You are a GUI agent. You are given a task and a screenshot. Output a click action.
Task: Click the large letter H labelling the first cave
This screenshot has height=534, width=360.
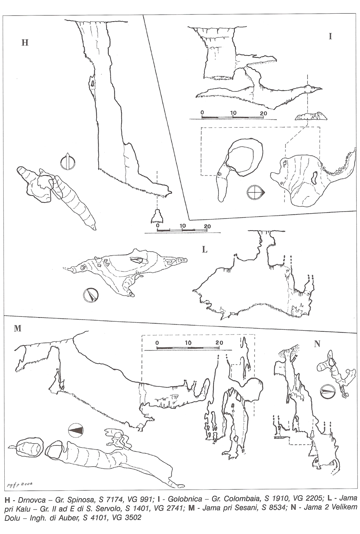point(25,43)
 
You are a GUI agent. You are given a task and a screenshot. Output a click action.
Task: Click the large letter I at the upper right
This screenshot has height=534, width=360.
point(330,36)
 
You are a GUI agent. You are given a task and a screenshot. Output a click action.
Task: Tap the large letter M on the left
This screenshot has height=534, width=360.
point(18,329)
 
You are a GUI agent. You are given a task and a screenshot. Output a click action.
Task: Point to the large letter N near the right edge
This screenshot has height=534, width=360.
point(317,344)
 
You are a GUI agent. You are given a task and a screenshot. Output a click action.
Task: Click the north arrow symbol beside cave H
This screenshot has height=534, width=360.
point(68,161)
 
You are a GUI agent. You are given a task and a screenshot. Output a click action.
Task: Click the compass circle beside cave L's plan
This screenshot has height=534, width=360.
point(91,295)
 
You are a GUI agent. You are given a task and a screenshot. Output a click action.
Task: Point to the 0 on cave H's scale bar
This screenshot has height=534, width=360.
point(157,226)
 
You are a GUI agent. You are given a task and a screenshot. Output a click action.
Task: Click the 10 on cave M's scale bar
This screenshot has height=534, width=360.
point(188,343)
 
